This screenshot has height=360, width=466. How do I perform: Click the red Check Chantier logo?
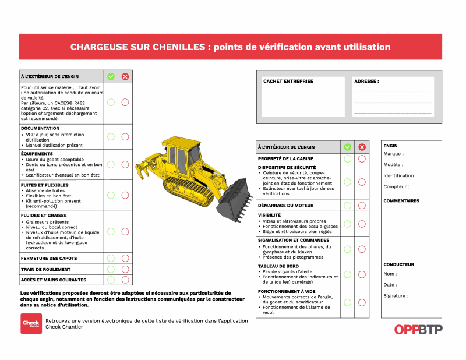click(31, 323)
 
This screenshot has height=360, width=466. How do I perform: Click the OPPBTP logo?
click(418, 330)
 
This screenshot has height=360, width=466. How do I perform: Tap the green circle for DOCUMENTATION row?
click(111, 137)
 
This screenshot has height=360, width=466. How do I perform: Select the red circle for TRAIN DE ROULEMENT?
click(125, 269)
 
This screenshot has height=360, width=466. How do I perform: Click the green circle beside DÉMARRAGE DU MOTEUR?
click(347, 205)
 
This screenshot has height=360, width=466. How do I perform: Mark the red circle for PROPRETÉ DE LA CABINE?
click(362, 158)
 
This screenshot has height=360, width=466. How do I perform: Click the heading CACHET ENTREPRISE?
click(288, 82)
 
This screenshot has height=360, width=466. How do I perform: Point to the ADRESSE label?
click(366, 82)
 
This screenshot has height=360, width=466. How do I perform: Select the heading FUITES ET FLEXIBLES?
click(44, 185)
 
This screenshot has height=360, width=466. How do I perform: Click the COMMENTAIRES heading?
click(401, 201)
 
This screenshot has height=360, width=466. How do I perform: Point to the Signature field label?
click(396, 296)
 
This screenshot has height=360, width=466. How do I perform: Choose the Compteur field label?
click(396, 187)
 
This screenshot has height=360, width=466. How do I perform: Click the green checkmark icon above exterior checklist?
click(111, 76)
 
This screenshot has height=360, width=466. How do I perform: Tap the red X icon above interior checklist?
click(362, 147)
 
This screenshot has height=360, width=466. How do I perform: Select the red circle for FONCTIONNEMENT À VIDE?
click(362, 302)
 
